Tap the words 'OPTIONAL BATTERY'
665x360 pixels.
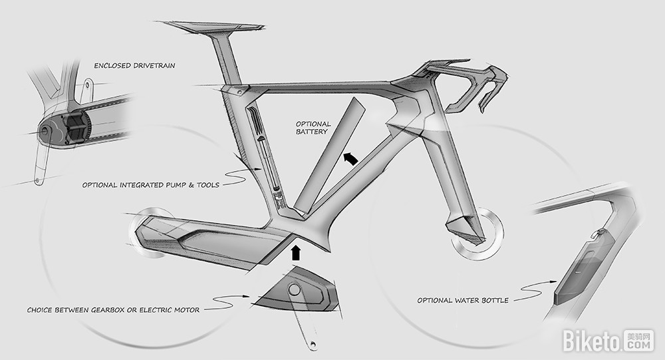tap(312, 128)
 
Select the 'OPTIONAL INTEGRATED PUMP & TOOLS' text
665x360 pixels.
tap(151, 184)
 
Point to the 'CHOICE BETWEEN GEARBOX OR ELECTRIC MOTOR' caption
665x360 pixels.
tap(113, 309)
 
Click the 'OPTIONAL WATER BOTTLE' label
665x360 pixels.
tap(463, 300)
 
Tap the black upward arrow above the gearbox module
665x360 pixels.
tap(297, 252)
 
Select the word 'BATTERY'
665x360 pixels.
tap(312, 132)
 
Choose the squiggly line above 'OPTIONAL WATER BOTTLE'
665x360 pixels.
tap(532, 287)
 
